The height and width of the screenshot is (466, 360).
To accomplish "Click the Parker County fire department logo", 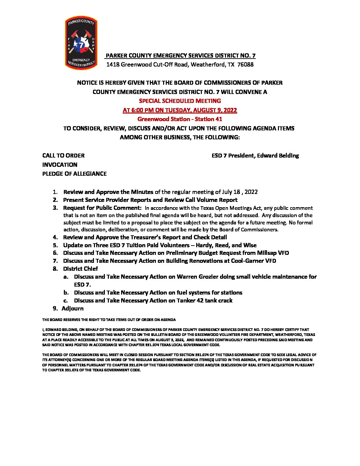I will click(x=81, y=43).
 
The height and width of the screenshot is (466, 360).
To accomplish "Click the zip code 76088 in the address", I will click(x=246, y=65).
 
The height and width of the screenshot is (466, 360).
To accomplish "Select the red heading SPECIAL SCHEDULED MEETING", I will click(x=180, y=101).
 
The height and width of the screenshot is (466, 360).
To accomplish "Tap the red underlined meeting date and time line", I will click(x=180, y=110).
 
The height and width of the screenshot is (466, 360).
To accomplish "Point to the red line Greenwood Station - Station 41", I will click(x=180, y=119).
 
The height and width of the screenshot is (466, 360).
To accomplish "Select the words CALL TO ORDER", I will click(x=63, y=156).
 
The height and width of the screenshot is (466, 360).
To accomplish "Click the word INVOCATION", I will click(x=60, y=165).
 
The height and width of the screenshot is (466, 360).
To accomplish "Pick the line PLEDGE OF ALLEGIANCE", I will click(x=74, y=174).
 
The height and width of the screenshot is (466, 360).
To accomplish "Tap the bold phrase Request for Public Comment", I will click(x=102, y=208).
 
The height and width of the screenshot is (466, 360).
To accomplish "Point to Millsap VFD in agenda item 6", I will click(x=273, y=253).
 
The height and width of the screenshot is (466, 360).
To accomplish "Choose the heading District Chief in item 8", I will click(x=80, y=269).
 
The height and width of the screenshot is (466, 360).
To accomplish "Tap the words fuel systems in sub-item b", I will click(x=193, y=293).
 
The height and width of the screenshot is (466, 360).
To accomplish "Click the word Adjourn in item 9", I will click(x=72, y=308).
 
